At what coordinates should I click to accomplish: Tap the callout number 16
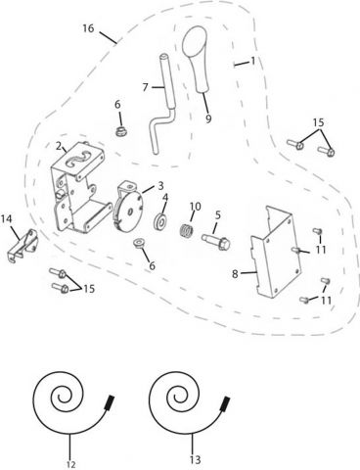[89, 29]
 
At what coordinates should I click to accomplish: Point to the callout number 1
[253, 61]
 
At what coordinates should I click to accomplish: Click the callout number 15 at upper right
[317, 121]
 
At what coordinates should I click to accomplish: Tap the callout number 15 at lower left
[90, 289]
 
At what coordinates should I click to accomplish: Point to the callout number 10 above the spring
[196, 206]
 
